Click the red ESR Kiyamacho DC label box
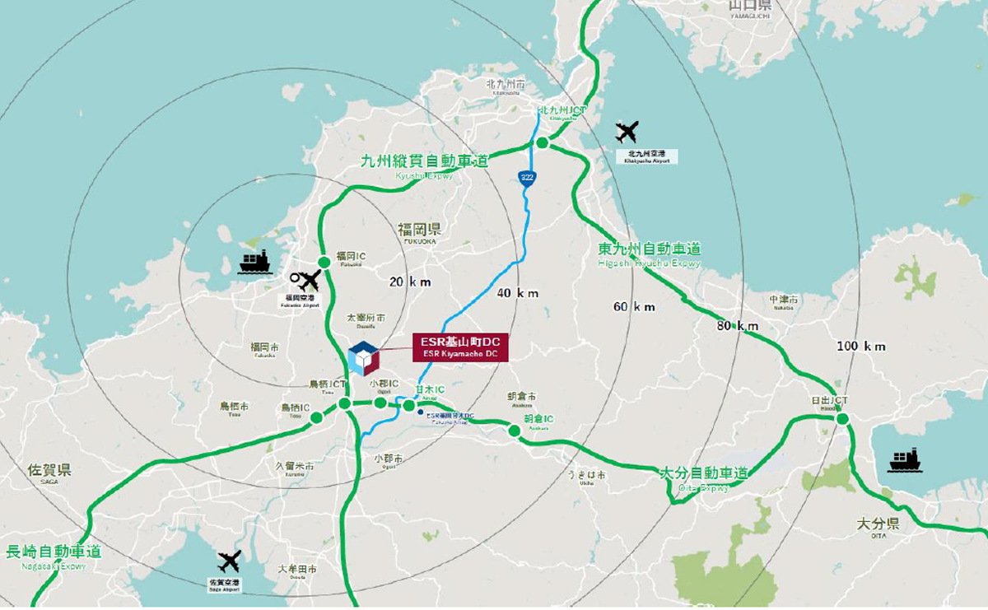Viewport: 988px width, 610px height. click(x=460, y=347)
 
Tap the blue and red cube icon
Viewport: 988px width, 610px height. click(x=363, y=359)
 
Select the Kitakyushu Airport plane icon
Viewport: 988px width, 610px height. click(x=627, y=132)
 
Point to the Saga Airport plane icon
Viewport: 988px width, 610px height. click(x=229, y=562)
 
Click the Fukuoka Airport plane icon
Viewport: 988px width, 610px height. click(x=308, y=282)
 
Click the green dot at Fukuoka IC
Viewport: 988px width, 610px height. click(x=324, y=263)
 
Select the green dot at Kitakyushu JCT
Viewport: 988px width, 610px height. click(x=543, y=143)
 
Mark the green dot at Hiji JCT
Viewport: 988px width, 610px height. click(x=842, y=419)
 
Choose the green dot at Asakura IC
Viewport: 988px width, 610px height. click(x=515, y=431)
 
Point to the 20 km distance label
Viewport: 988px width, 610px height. click(x=409, y=282)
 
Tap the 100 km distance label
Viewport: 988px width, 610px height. click(x=861, y=347)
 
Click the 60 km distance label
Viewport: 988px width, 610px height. click(x=634, y=307)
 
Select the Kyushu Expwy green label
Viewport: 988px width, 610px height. click(x=424, y=161)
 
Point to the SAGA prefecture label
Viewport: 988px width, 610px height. click(x=49, y=471)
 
